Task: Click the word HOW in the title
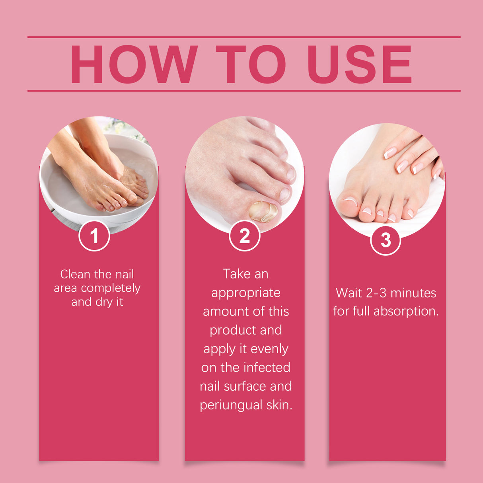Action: tap(134, 64)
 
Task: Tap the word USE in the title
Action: tap(359, 64)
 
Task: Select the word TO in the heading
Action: tap(251, 64)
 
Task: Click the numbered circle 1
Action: tap(94, 236)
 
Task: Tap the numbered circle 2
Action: tap(245, 236)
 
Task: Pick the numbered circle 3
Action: tap(386, 240)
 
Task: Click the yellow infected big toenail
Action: tap(263, 211)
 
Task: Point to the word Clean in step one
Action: tap(75, 274)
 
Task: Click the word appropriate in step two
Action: tap(246, 293)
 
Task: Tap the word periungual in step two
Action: tap(231, 405)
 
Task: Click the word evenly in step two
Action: tap(270, 349)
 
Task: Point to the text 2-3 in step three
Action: tap(376, 293)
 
